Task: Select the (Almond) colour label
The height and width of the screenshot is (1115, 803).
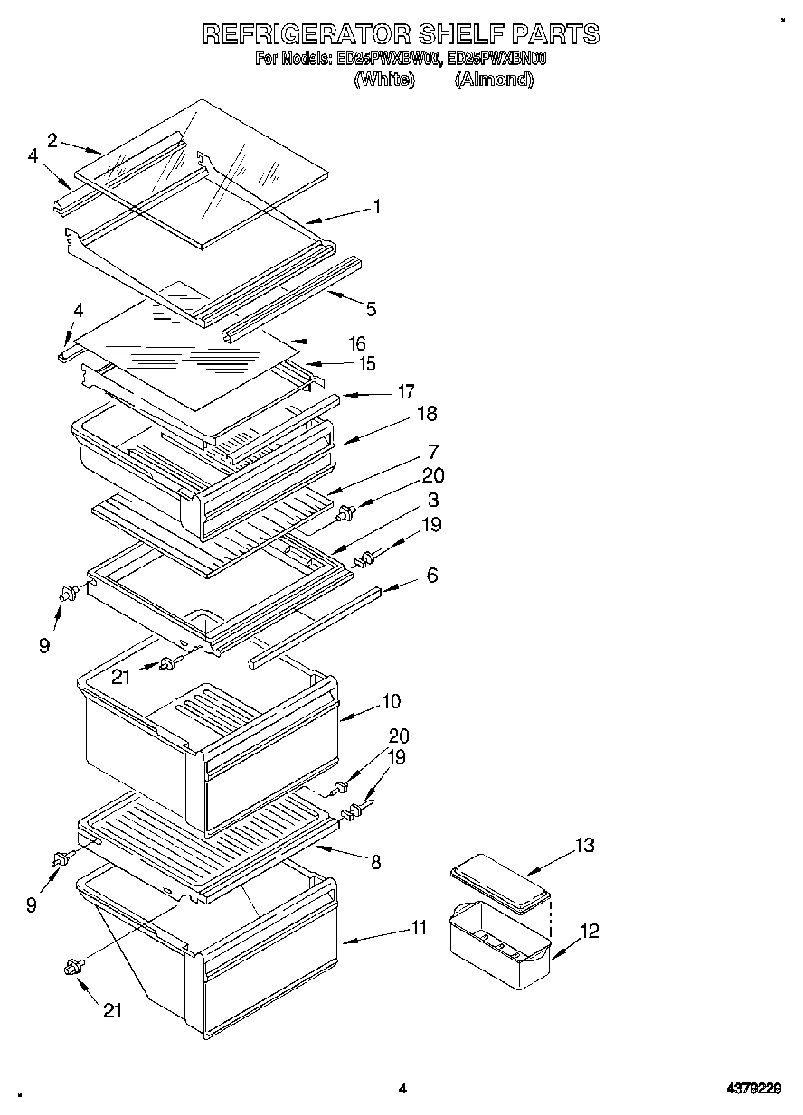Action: [494, 80]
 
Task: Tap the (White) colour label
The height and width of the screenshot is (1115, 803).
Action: [383, 80]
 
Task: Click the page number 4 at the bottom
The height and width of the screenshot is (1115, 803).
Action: [403, 1089]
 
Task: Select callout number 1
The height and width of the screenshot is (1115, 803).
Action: [376, 208]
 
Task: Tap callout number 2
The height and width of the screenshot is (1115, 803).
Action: [52, 139]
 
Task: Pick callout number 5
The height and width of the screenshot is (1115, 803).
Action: [371, 309]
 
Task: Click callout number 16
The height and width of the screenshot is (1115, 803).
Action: [357, 343]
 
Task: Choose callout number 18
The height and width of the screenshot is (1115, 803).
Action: [426, 414]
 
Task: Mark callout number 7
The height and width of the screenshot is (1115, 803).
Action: [433, 451]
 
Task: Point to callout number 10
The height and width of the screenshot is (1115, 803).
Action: [392, 701]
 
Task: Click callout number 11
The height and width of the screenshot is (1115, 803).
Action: [418, 927]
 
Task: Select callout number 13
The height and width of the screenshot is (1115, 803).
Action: [584, 846]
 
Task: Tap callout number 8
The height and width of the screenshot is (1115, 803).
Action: [375, 862]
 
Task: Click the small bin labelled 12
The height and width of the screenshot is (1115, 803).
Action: [499, 944]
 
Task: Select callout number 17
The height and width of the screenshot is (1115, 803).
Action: [405, 391]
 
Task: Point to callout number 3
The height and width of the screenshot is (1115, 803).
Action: [434, 500]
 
